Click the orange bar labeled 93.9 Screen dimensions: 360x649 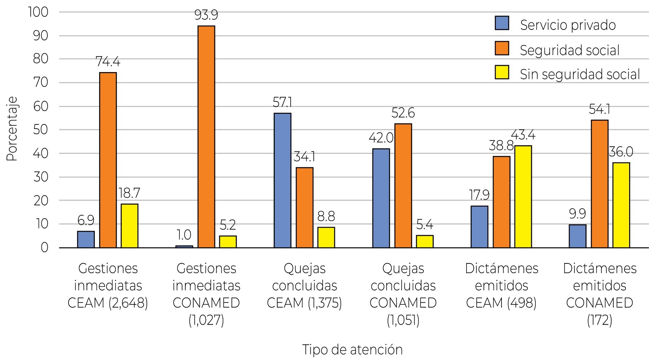206,137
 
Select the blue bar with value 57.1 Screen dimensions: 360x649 283,180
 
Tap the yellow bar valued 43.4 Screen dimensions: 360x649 523,197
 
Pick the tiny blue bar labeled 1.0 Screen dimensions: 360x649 184,246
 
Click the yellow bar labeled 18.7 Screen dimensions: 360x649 129,226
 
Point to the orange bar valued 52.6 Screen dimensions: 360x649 403,186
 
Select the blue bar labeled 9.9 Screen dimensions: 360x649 578,236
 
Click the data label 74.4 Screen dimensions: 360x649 108,62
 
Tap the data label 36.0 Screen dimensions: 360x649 621,152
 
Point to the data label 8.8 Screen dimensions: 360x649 326,217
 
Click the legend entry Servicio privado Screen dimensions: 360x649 568,25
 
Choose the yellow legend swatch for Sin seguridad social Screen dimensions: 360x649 502,72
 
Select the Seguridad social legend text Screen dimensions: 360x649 570,50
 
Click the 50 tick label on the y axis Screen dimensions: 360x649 41,130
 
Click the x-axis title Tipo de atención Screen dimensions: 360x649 352,349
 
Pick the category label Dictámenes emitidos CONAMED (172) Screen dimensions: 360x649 600,294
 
